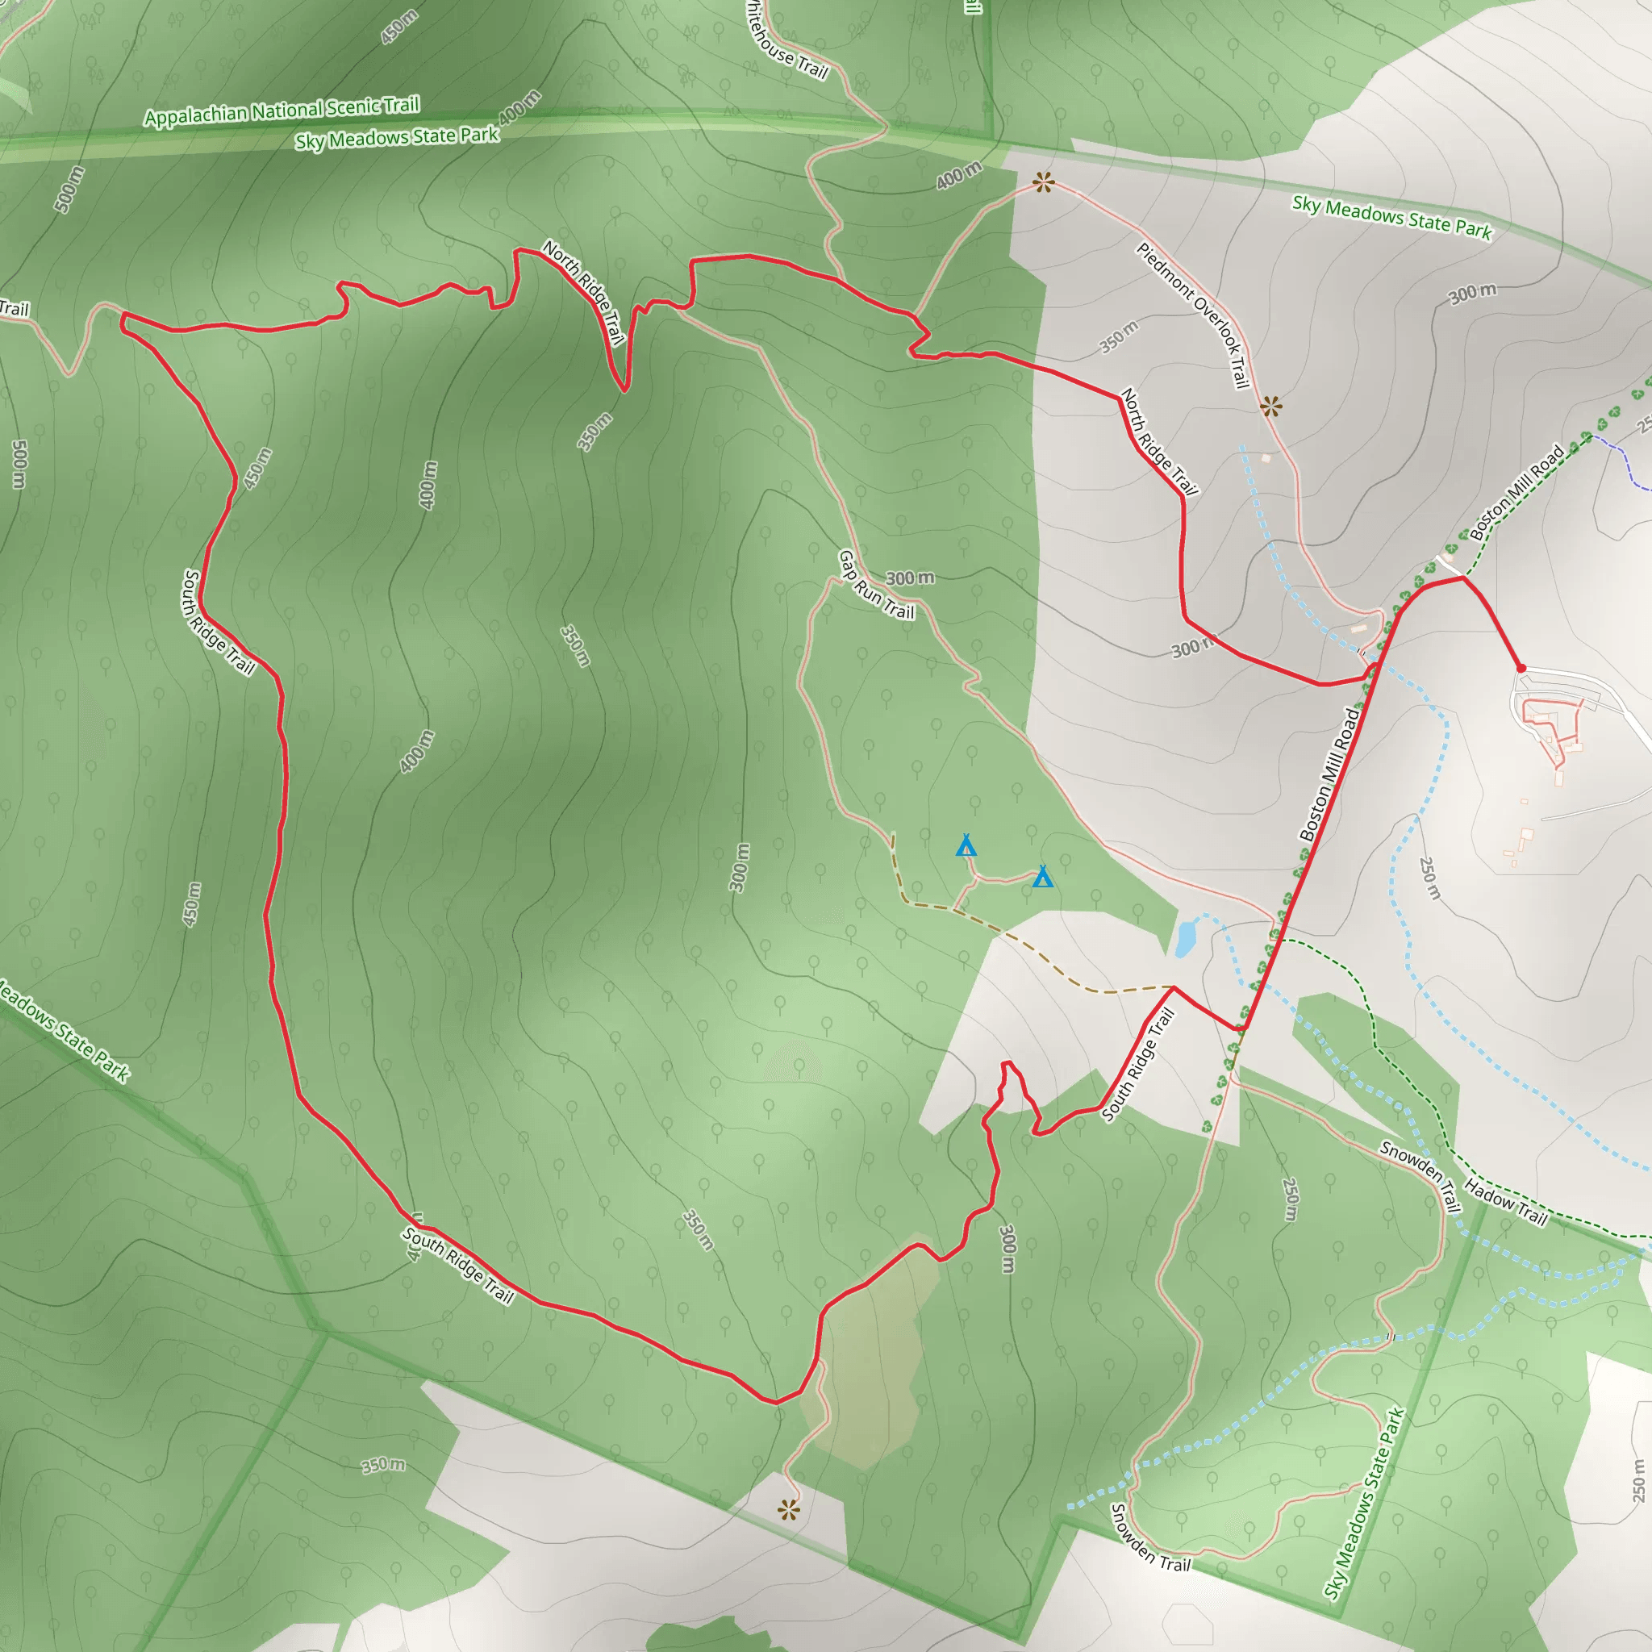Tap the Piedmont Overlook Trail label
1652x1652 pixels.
[1194, 315]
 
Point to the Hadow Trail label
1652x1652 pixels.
[1505, 1201]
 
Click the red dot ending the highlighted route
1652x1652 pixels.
[1521, 668]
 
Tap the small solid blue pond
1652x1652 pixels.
[1185, 938]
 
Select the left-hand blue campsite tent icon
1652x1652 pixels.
[966, 845]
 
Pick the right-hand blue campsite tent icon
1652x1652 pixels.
[1041, 877]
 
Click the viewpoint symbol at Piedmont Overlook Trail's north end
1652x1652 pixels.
[1043, 181]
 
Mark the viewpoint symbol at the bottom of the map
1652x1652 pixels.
[788, 1510]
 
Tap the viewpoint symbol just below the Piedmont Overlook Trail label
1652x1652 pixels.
[1270, 407]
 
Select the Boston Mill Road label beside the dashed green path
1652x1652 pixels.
[1517, 493]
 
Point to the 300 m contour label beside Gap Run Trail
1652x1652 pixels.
[910, 578]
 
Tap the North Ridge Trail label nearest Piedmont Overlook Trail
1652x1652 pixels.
[1159, 441]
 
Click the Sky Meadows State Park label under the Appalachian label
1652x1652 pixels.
[397, 137]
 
